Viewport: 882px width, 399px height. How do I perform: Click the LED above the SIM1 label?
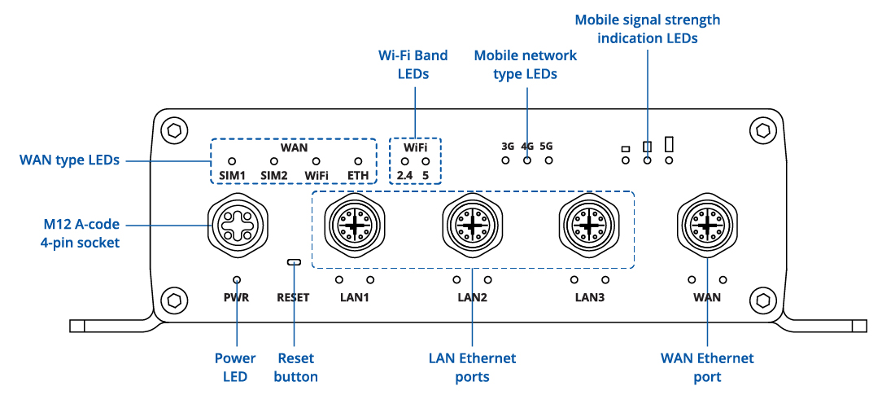231,162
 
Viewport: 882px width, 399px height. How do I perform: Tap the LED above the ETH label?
357,162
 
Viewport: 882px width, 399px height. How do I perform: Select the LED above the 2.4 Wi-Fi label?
404,162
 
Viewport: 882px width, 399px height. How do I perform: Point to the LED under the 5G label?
548,160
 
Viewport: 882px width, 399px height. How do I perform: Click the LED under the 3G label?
506,160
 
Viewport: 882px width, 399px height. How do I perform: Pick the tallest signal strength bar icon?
670,144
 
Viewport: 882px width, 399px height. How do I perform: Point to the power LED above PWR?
236,279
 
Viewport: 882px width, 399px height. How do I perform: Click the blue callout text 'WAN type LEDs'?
69,160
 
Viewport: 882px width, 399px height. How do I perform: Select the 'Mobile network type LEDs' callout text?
526,64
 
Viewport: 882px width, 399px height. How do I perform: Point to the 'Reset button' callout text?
295,367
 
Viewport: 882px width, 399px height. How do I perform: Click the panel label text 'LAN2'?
472,297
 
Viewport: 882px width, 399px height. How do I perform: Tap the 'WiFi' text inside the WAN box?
317,176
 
